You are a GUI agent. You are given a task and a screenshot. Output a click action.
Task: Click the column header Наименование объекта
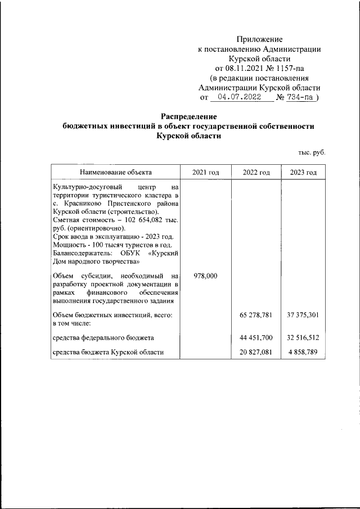click(x=115, y=172)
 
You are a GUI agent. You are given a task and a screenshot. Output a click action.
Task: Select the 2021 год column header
click(x=205, y=172)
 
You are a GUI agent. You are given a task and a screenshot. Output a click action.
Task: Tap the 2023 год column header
click(x=303, y=172)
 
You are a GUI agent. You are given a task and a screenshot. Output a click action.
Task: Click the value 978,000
click(x=205, y=276)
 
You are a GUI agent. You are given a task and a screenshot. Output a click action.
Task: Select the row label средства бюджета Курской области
click(x=107, y=352)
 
